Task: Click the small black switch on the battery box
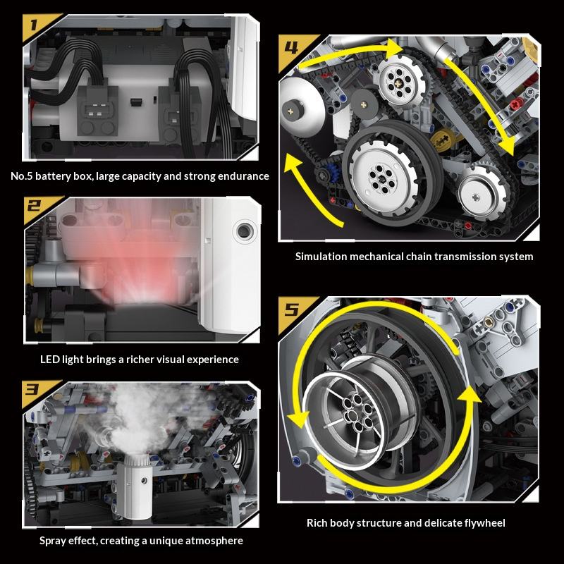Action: click(x=136, y=102)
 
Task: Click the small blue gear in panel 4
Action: click(x=333, y=173)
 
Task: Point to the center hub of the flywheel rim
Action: click(x=357, y=412)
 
